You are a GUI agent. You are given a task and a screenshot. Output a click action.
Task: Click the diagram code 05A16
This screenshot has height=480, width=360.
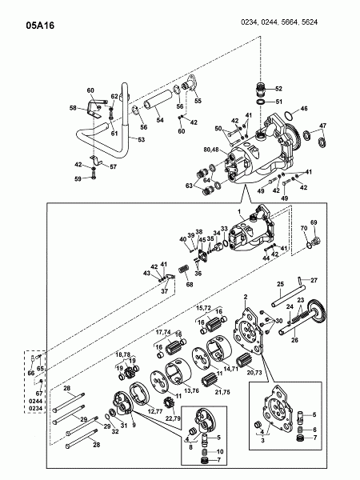point(40,26)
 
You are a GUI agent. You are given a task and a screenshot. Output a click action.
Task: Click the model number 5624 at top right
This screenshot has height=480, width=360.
point(309,22)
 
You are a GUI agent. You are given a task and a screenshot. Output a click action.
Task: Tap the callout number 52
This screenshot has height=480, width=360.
point(278,89)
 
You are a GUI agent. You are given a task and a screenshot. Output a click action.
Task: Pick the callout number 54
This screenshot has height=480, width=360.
point(160,120)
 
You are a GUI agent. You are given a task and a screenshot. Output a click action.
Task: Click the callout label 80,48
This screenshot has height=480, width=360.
point(211,150)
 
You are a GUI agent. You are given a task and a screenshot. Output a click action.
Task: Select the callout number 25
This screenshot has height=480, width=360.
point(281,284)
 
